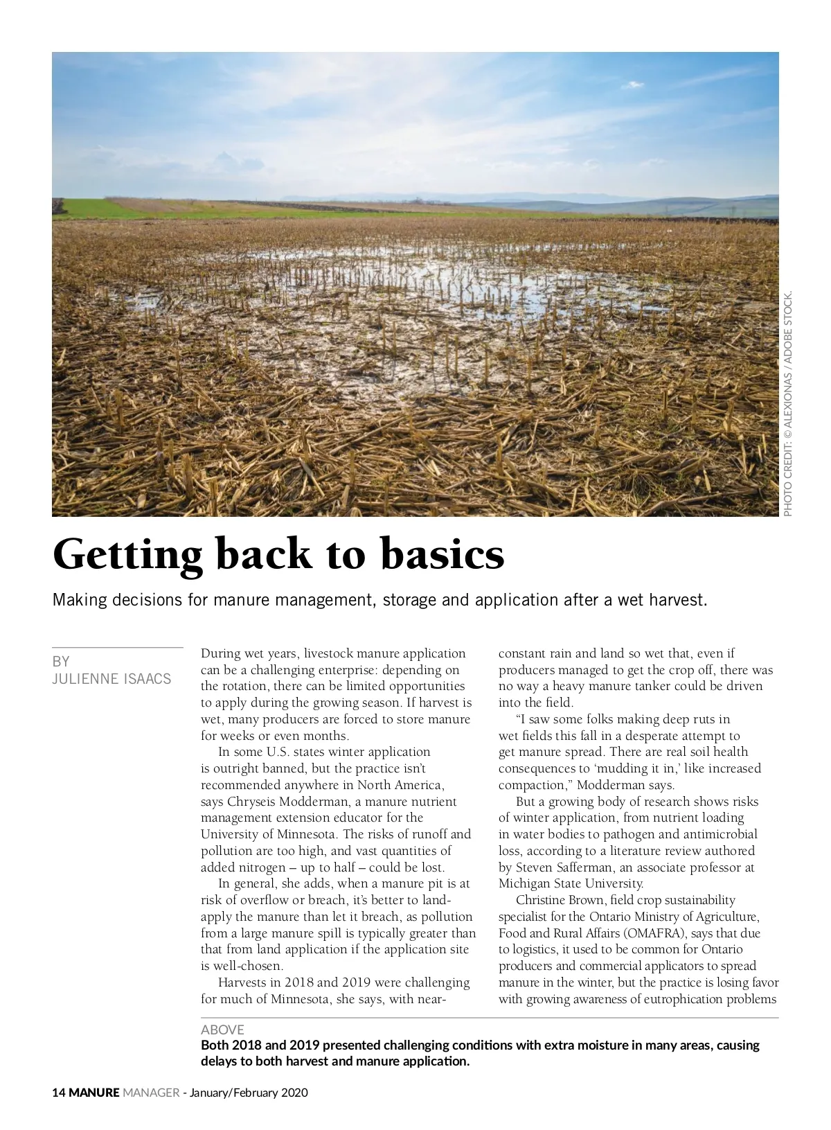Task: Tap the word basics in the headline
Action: click(x=443, y=554)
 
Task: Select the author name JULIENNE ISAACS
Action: click(x=111, y=679)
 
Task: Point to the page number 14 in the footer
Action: click(x=59, y=1093)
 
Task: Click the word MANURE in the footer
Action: click(x=94, y=1093)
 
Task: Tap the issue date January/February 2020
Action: click(x=249, y=1093)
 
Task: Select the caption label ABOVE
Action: click(x=222, y=1030)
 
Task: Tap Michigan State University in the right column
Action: click(x=571, y=884)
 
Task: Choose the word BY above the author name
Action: click(x=61, y=661)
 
